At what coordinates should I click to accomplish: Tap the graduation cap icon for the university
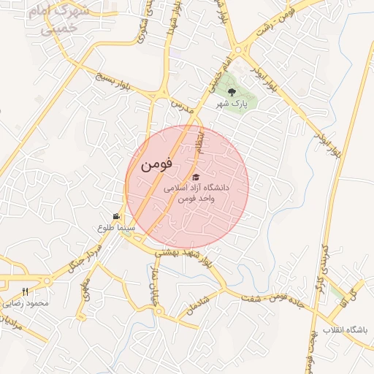click(x=194, y=178)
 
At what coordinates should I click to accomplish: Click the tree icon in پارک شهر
click(x=232, y=92)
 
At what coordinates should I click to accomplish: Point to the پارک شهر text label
click(x=232, y=104)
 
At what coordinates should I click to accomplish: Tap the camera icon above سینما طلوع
click(x=116, y=216)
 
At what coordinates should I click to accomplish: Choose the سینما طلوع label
click(x=116, y=228)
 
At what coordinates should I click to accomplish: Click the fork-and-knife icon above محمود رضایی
click(x=26, y=292)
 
